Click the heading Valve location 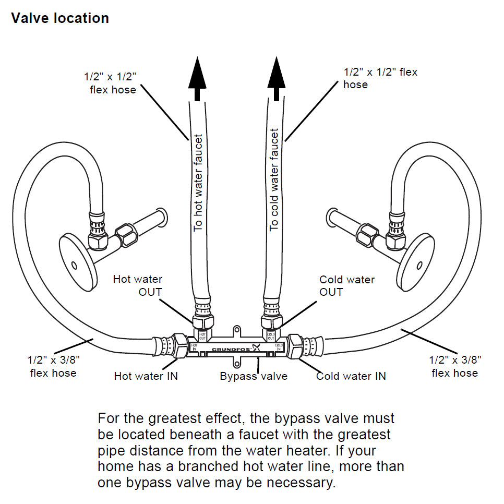click(60, 18)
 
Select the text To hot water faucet click(198, 183)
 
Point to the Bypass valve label click(254, 376)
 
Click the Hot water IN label click(146, 376)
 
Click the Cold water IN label click(351, 376)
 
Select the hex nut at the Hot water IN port click(178, 345)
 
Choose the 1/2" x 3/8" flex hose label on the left click(53, 366)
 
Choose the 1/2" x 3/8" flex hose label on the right click(454, 366)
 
